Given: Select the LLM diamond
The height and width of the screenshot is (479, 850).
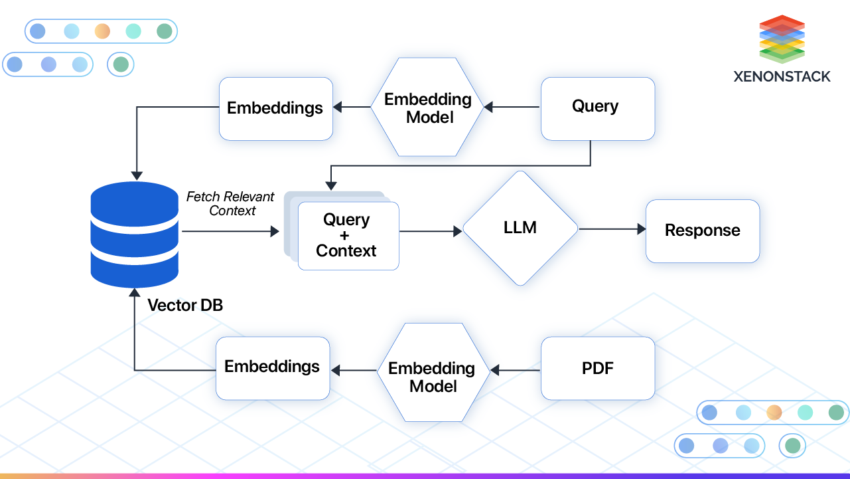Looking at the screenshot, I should (520, 229).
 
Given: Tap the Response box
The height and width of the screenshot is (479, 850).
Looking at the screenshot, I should (702, 231).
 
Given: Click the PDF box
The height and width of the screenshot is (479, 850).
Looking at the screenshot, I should (597, 368).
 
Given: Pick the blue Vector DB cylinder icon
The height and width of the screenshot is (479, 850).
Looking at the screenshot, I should (135, 234).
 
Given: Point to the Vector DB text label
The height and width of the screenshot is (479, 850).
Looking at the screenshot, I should (185, 306).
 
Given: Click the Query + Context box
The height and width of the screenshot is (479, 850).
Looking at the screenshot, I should (348, 236).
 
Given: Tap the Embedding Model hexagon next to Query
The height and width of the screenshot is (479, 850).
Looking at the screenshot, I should (428, 108).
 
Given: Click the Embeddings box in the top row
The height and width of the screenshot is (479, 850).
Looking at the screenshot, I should (275, 108).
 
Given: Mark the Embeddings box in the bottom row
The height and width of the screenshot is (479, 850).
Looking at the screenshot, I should (272, 367).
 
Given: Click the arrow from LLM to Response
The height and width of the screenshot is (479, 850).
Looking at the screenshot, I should (612, 229).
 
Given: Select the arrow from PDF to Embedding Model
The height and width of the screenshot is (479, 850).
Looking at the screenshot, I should (516, 370).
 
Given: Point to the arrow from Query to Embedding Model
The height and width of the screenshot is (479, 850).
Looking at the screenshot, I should (512, 107).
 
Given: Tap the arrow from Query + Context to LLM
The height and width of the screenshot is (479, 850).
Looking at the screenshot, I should (430, 231).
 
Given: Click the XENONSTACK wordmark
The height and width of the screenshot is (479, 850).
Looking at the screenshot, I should (782, 76).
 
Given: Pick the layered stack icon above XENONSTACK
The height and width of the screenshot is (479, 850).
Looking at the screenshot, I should (782, 39).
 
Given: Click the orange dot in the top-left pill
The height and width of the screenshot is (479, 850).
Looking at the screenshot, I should (102, 31).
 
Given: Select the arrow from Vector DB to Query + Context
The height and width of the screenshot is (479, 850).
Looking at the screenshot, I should (230, 231).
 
